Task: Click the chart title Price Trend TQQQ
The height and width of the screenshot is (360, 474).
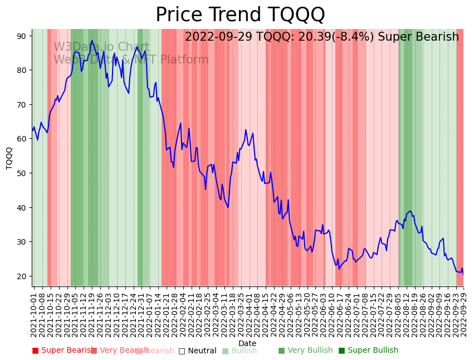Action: pos(240,15)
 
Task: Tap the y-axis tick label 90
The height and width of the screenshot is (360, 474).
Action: pos(21,36)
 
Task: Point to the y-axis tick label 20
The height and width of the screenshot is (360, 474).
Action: pos(21,276)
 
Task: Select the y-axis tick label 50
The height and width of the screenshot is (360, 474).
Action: pos(21,173)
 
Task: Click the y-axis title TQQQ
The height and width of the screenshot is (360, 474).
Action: pos(9,158)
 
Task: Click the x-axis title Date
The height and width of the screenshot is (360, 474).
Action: pos(247,343)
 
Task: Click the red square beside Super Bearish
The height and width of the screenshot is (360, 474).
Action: pos(36,351)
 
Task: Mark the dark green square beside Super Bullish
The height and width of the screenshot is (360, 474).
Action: pos(342,351)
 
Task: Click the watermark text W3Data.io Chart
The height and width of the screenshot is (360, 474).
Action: pos(101,47)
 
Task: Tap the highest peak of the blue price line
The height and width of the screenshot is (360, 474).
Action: pos(92,41)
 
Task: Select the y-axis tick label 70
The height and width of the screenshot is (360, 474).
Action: pos(21,105)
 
